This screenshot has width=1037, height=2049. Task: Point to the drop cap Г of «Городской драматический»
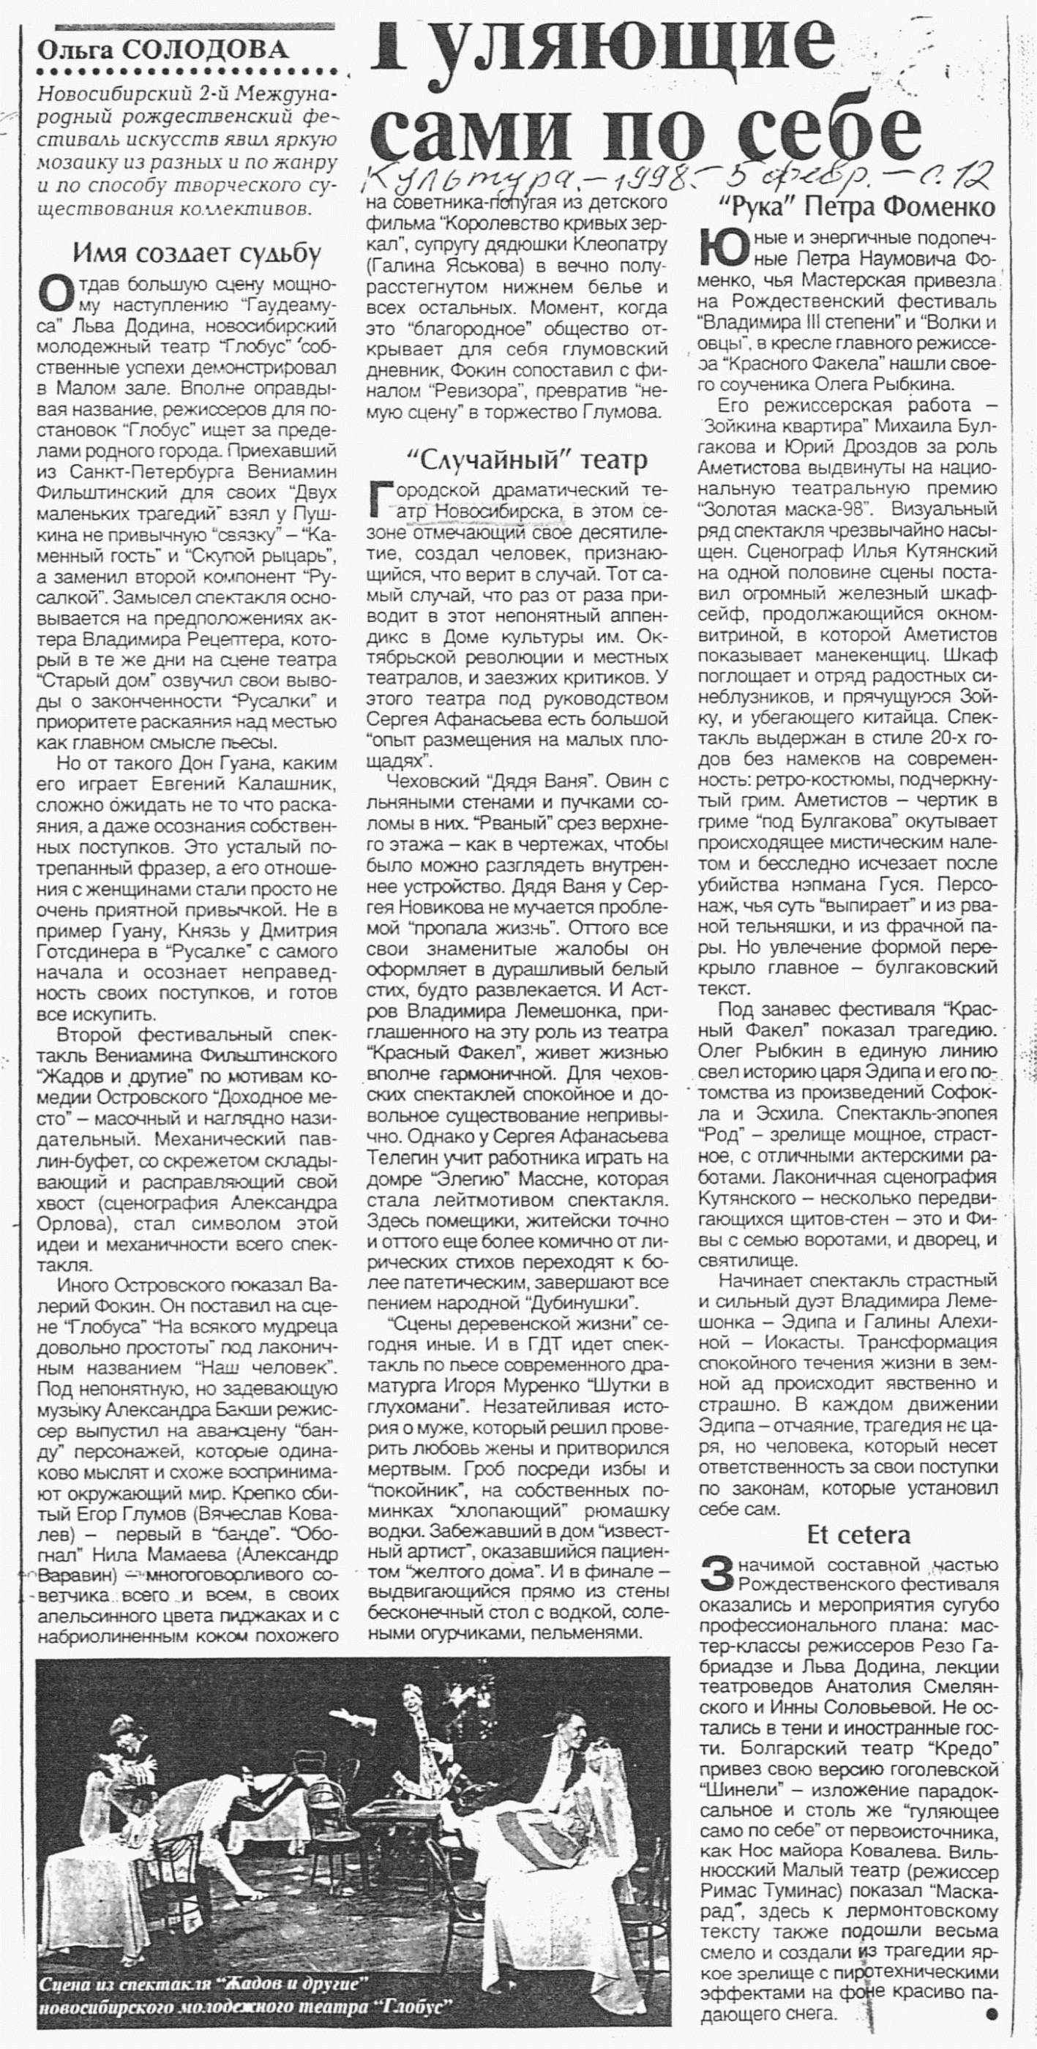click(x=382, y=497)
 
